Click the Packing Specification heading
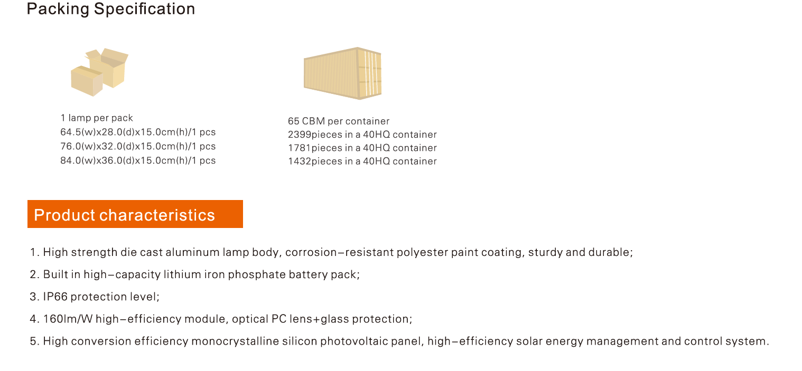coord(110,9)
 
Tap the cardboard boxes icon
coord(99,72)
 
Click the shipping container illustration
coord(343,73)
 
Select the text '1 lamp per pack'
coord(97,118)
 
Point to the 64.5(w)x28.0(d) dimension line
coord(138,132)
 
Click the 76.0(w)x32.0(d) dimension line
coord(138,146)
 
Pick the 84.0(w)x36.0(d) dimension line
coord(138,160)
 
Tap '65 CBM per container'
coord(339,121)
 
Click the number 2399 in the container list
coord(300,135)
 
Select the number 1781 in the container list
coord(300,148)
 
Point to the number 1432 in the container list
coord(300,161)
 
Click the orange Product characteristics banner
coord(135,214)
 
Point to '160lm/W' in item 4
coord(68,319)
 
